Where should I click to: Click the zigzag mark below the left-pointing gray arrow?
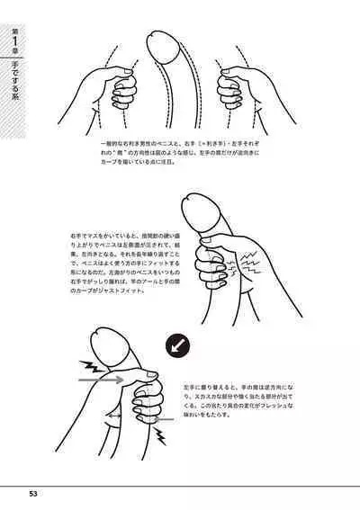click(x=162, y=438)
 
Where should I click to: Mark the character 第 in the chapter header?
click(x=14, y=31)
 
